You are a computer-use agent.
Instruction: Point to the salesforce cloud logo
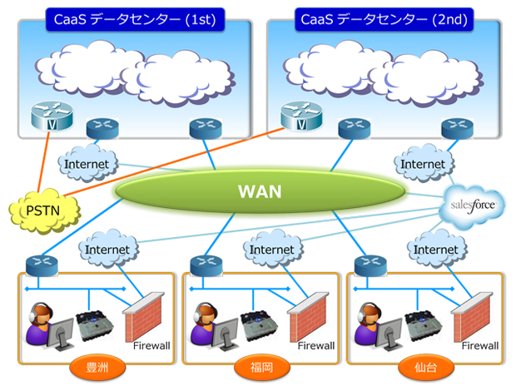tap(473, 204)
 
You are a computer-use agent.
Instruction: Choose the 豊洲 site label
tap(97, 366)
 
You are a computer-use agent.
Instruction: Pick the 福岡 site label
tap(261, 366)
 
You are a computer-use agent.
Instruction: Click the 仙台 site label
tap(425, 366)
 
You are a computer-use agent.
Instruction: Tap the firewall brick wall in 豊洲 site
tap(141, 314)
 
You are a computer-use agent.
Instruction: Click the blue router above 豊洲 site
tap(41, 264)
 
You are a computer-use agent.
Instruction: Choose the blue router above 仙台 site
tap(370, 265)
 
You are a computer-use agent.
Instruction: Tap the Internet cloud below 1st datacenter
tap(86, 164)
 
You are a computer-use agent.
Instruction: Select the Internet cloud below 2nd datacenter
tap(423, 164)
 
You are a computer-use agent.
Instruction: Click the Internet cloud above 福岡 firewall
tap(271, 249)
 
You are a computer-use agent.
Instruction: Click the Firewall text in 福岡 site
tap(315, 344)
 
